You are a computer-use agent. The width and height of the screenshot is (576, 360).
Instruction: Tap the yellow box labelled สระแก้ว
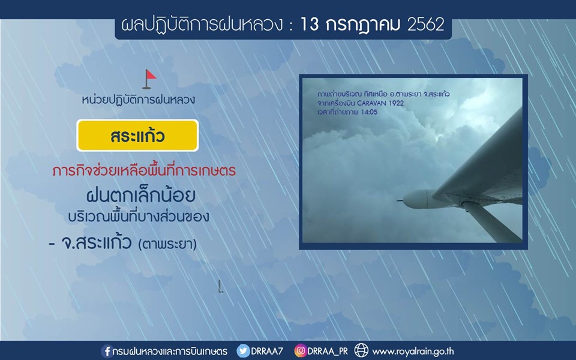click(x=137, y=136)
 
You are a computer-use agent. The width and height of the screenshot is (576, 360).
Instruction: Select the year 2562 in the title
click(x=426, y=25)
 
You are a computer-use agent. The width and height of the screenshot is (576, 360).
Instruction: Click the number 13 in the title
click(x=310, y=25)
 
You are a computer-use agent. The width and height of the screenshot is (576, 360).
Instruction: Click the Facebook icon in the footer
click(x=107, y=351)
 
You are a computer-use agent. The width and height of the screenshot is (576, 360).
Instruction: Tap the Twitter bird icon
click(x=243, y=351)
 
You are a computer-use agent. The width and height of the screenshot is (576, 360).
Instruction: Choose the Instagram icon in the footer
click(x=300, y=351)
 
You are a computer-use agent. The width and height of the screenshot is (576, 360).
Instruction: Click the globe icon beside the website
click(x=361, y=350)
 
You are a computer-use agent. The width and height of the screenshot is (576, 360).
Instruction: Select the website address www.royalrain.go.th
click(x=413, y=351)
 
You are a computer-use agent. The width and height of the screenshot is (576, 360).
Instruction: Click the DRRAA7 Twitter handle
click(x=267, y=351)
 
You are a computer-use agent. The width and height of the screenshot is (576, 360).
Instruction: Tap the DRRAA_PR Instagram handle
click(x=328, y=352)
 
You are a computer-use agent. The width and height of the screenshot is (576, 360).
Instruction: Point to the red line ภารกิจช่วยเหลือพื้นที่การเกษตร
click(x=144, y=171)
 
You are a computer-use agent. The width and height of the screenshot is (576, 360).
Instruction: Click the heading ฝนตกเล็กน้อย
click(x=140, y=196)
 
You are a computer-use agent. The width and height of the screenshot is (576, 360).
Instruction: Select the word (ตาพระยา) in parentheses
click(x=167, y=244)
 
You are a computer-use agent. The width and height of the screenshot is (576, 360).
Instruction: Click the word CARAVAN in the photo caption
click(x=372, y=103)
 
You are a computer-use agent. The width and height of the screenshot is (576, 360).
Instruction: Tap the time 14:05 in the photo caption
click(x=369, y=112)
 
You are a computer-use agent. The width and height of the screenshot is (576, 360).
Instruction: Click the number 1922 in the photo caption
click(x=397, y=103)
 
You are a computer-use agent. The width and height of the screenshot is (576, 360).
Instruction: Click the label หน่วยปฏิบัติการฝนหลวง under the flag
click(x=139, y=100)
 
